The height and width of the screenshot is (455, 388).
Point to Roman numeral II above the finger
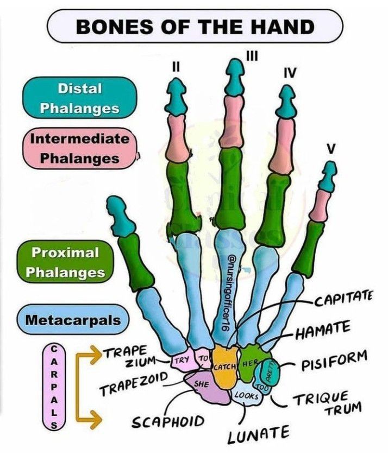(176, 67)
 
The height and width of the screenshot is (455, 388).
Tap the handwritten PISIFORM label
(334, 362)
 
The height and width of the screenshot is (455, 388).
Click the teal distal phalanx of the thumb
(120, 217)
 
